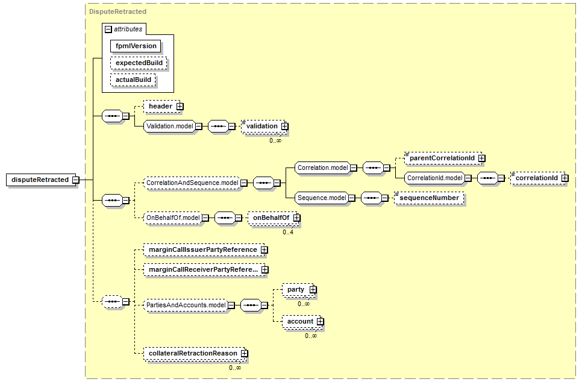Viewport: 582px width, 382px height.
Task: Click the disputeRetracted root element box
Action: point(40,180)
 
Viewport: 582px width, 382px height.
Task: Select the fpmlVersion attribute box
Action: point(136,46)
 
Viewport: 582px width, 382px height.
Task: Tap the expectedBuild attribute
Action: point(138,63)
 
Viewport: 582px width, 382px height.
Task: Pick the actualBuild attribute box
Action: point(133,80)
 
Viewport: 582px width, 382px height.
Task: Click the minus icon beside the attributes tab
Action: point(108,28)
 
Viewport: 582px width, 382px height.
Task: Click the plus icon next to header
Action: point(180,107)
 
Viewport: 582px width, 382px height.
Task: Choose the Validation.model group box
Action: point(168,127)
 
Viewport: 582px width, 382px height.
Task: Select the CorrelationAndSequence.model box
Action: point(192,182)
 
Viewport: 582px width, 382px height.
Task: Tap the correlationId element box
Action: point(536,178)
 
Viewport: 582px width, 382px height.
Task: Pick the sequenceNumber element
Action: point(429,198)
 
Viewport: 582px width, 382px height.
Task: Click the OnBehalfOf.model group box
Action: point(172,218)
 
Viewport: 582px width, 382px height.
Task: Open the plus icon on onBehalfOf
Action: point(296,218)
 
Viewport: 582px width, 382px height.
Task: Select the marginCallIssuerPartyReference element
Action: point(202,249)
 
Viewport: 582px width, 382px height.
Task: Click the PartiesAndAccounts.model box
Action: point(186,305)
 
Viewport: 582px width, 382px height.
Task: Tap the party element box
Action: point(296,290)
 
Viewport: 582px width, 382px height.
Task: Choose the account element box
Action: point(299,322)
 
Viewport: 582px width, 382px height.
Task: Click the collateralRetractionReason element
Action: point(192,354)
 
